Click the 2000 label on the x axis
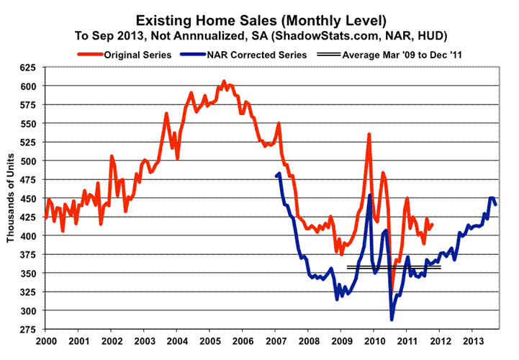(46, 340)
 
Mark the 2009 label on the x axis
(340, 340)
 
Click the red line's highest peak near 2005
(224, 81)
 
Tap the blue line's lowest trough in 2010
(392, 319)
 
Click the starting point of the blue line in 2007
(277, 176)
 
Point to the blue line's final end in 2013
(496, 204)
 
